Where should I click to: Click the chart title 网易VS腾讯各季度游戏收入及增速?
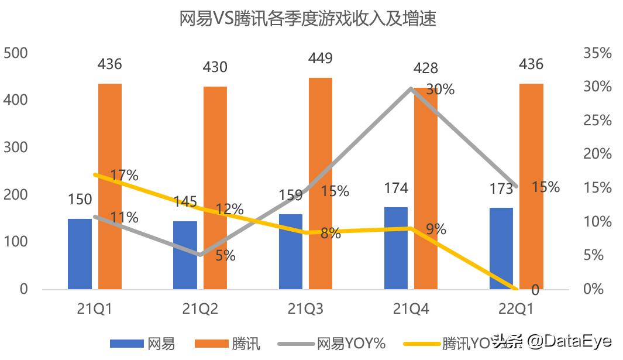(x=308, y=19)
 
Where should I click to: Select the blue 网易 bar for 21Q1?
(x=80, y=253)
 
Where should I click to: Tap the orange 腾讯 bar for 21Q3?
(x=321, y=183)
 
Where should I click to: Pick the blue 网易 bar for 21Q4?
(x=396, y=248)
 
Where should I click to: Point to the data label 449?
(x=321, y=59)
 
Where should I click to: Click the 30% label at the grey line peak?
(x=440, y=90)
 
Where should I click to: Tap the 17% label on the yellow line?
(x=125, y=175)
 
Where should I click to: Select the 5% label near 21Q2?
(x=225, y=255)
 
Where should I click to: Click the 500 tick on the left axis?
(x=16, y=53)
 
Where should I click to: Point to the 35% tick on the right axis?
(x=597, y=53)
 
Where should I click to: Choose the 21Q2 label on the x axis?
(x=200, y=309)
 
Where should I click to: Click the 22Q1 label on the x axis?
(x=516, y=309)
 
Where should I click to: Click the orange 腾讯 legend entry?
(x=228, y=343)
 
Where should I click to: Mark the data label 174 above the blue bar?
(x=396, y=188)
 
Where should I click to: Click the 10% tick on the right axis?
(x=597, y=222)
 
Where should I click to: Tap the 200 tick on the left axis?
(x=16, y=195)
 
